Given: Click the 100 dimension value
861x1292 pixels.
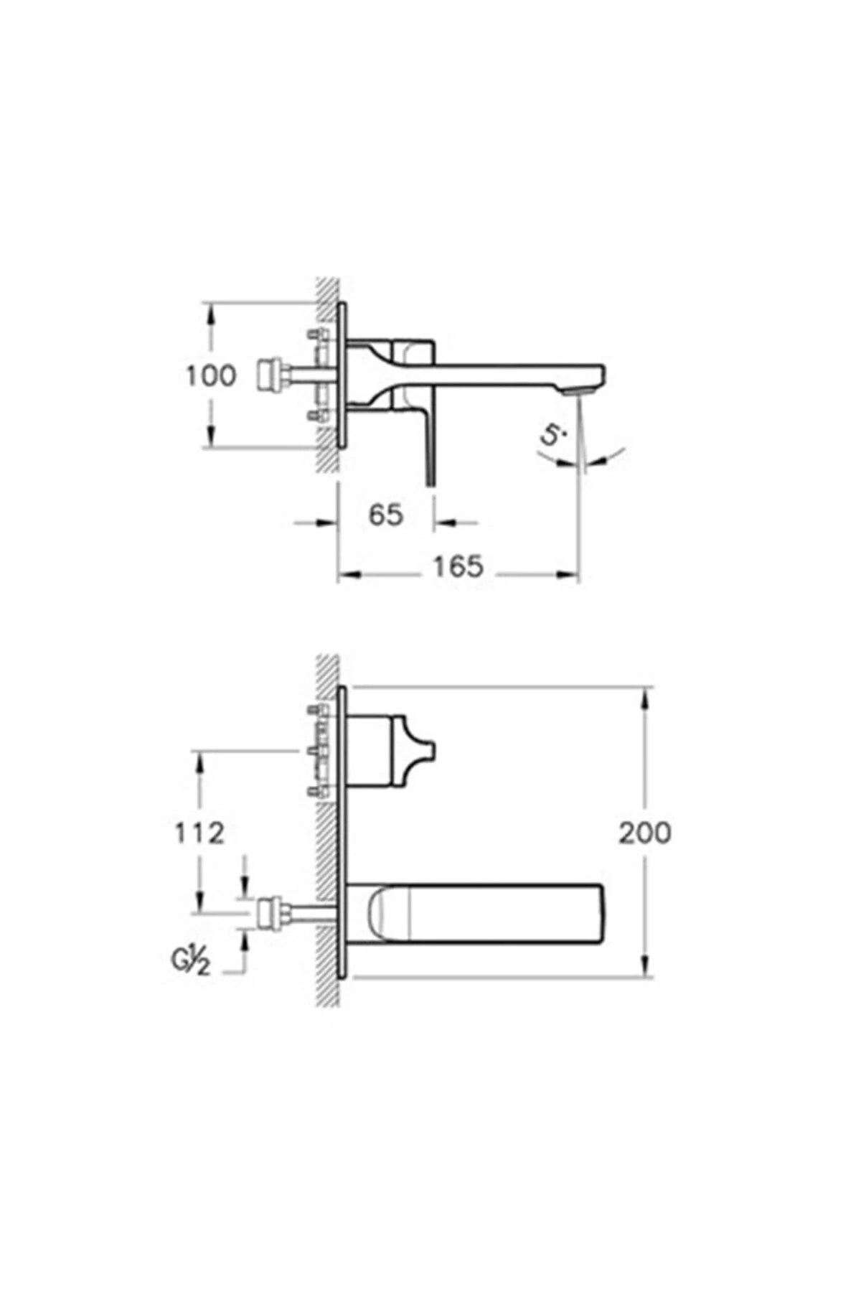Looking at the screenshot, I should point(210,375).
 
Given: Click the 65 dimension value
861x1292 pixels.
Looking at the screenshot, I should point(386,515).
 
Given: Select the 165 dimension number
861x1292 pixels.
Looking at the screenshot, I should point(458,566).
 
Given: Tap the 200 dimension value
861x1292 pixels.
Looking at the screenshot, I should point(645,833).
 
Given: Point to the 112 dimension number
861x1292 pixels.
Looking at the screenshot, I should point(199,833).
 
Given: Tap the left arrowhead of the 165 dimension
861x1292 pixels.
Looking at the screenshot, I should point(345,574).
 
